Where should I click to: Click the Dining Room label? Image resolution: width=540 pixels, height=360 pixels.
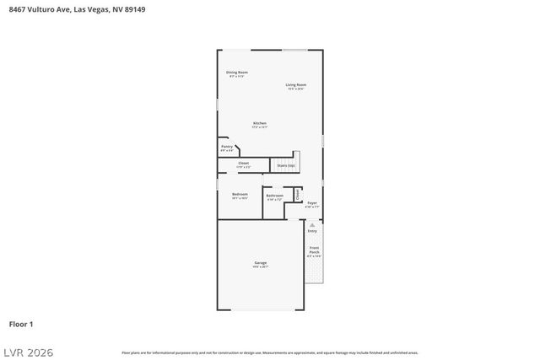tap(236, 73)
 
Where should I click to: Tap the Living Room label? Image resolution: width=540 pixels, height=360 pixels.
tap(295, 84)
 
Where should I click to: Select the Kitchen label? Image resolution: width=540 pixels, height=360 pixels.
tap(260, 124)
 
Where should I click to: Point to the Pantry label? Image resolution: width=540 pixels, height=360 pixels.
tap(227, 147)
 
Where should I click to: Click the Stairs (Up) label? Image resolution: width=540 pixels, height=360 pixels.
tap(286, 165)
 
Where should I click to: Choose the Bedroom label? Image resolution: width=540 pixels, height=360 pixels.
tap(240, 195)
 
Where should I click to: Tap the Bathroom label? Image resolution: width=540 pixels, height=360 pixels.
tap(274, 196)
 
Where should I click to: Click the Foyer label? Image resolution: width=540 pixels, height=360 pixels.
tap(312, 203)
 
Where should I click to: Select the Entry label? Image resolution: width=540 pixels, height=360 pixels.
tap(312, 230)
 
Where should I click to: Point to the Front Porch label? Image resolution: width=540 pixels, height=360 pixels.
tap(314, 250)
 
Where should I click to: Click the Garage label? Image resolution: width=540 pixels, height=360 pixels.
tap(260, 263)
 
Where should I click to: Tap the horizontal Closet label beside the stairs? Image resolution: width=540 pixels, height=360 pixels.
tap(243, 163)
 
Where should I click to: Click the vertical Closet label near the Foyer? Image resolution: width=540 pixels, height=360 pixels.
tap(298, 194)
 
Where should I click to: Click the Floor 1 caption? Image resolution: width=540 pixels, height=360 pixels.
tap(21, 324)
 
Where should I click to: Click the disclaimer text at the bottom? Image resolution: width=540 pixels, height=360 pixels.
tap(270, 352)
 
